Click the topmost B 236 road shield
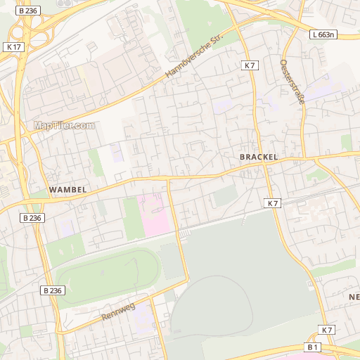click(27, 11)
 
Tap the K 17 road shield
click(13, 46)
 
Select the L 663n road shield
click(322, 34)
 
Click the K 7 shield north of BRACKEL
click(250, 65)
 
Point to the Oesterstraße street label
click(292, 81)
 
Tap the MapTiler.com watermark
click(63, 126)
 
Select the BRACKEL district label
click(259, 157)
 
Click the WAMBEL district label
click(67, 190)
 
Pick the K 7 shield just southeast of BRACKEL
click(273, 203)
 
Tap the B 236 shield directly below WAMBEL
click(32, 218)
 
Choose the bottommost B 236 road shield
click(52, 290)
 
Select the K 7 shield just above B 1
click(327, 330)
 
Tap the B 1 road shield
click(313, 347)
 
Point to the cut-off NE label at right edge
click(354, 297)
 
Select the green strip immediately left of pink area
click(131, 218)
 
